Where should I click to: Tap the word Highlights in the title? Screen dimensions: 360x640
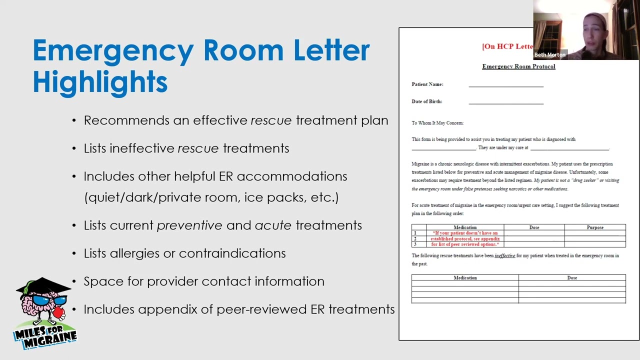coord(100,82)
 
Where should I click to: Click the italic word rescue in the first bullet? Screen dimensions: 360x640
coord(271,120)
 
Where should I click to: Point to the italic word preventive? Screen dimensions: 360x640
coord(189,225)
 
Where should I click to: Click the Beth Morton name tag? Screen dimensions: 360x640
coord(550,55)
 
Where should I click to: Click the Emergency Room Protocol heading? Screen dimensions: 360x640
coord(518,66)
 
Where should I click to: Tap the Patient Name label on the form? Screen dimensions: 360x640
coord(427,84)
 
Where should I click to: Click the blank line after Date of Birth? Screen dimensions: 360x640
coord(506,103)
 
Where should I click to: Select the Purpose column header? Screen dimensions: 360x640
coord(595,227)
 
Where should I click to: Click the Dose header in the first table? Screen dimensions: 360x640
coord(534,227)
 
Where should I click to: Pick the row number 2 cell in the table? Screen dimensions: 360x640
coord(415,239)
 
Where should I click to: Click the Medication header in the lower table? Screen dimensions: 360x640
coord(465,277)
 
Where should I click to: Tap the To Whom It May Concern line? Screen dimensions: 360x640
coord(437,123)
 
